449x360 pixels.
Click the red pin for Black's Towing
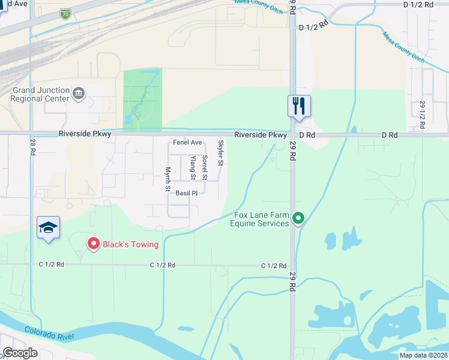point(93,244)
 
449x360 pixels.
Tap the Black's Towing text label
point(130,244)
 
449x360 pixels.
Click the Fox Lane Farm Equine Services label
point(261,220)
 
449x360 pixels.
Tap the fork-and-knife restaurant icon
point(298,107)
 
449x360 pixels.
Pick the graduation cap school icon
point(48,227)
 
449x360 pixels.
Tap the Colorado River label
point(49,334)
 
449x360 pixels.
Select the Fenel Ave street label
point(187,143)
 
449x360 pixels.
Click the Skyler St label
point(221,153)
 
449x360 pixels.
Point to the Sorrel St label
point(205,167)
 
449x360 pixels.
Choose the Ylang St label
point(193,167)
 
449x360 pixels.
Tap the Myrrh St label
point(167,179)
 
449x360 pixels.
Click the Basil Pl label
point(187,193)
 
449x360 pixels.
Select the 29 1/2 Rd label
point(423,115)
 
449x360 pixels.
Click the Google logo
point(20,352)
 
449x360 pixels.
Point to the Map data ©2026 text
point(423,355)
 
